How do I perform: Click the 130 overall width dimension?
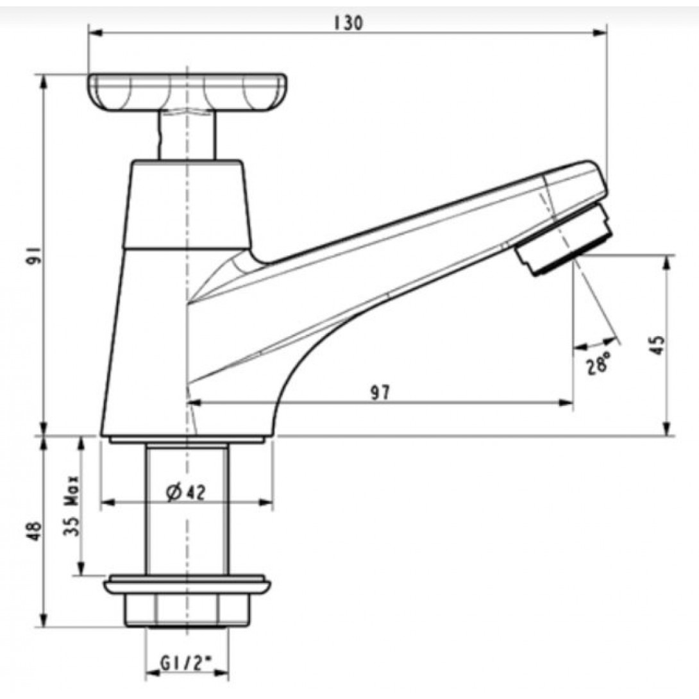(x=348, y=23)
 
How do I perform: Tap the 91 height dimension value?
(x=35, y=256)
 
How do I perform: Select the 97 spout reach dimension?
(x=381, y=392)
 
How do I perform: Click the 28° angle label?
(x=597, y=364)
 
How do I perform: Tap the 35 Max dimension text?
(x=72, y=507)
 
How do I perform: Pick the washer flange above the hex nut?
(x=187, y=585)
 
